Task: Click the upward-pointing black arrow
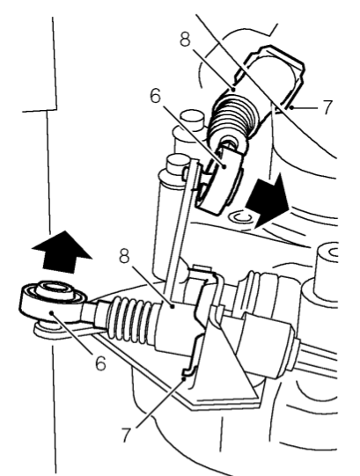tap(62, 251)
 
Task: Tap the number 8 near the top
tap(185, 39)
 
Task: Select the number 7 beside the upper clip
tap(327, 106)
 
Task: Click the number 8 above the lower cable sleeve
tap(124, 256)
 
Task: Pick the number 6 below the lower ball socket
tap(101, 362)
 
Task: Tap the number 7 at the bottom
tap(128, 435)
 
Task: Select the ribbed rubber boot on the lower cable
tap(129, 320)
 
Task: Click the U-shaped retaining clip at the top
tap(275, 75)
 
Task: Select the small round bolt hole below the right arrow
tap(240, 217)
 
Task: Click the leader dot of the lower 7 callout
tap(184, 378)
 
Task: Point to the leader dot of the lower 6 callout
tap(52, 312)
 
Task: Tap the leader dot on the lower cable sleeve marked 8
tap(173, 307)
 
